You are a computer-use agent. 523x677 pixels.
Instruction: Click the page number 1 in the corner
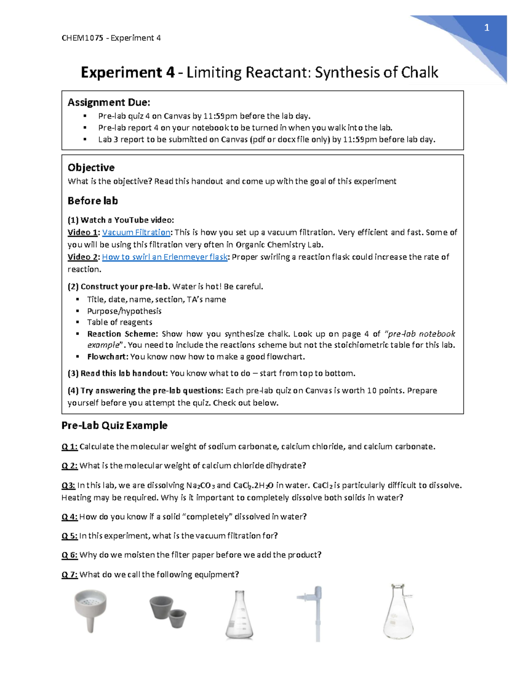[x=487, y=28]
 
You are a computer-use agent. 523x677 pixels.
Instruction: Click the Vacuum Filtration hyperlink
[x=136, y=232]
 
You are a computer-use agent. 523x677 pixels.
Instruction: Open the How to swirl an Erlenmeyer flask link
[x=165, y=257]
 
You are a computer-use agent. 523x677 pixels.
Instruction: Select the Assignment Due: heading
[x=109, y=102]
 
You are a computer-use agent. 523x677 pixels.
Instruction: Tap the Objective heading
[x=91, y=167]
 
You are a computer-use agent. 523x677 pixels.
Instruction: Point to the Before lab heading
[x=92, y=201]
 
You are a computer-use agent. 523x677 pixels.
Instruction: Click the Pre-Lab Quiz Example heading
[x=114, y=425]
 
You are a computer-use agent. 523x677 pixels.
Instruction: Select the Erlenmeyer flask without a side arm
[x=239, y=615]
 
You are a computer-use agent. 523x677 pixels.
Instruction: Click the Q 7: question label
[x=69, y=575]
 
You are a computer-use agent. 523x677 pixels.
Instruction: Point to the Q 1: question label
[x=69, y=446]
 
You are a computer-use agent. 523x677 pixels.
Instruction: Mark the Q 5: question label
[x=69, y=536]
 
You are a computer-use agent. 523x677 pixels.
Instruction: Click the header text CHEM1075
[x=82, y=38]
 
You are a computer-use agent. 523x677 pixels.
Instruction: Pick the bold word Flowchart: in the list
[x=108, y=357]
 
